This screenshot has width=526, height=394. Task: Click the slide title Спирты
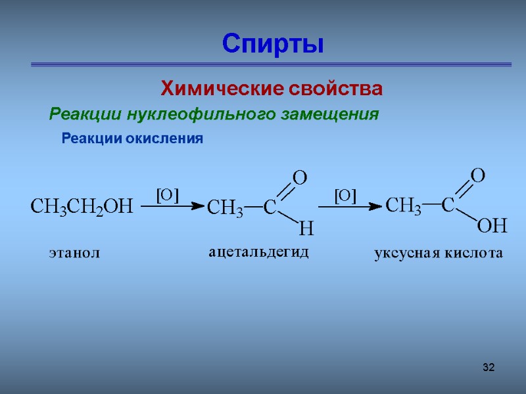pos(273,44)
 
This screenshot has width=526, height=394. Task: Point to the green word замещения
pos(330,114)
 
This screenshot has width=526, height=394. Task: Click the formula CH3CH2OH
pos(82,207)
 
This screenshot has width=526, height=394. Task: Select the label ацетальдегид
pos(258,252)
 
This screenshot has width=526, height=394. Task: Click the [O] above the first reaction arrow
pos(167,194)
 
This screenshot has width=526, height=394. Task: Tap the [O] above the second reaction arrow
pos(345,195)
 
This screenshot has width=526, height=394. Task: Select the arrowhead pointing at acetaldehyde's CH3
pos(199,206)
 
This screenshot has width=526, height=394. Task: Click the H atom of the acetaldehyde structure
pos(306,229)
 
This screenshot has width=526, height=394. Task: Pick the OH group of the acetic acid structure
pos(492,227)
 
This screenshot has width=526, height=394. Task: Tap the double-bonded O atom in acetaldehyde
pos(299,177)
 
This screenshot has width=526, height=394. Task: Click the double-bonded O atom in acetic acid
pos(478,175)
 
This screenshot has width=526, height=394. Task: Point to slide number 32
pos(488,366)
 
